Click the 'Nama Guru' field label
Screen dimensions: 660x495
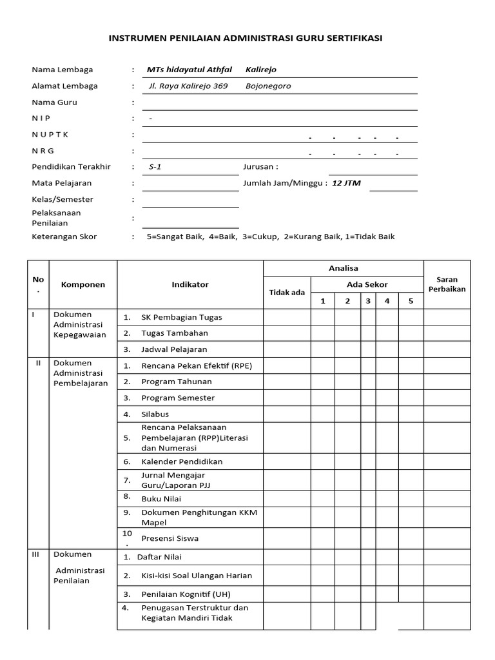tap(55, 102)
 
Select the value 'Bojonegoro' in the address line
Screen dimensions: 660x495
tap(268, 86)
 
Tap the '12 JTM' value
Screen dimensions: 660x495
tap(346, 183)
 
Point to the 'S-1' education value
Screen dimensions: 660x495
tap(155, 167)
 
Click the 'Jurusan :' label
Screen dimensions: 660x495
tap(260, 167)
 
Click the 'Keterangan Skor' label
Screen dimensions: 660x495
tap(64, 237)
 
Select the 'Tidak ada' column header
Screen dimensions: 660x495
tap(287, 293)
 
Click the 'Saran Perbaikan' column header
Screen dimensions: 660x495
tap(447, 284)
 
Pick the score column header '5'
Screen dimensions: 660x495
tap(411, 301)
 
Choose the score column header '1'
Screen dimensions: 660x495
tap(323, 301)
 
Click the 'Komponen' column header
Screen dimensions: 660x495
tap(83, 284)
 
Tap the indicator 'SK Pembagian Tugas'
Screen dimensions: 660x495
tap(181, 317)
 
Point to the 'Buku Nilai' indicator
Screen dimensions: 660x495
tap(161, 498)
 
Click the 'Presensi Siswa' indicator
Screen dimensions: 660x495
tap(170, 538)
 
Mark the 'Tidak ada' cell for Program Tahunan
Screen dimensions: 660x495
tap(287, 382)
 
